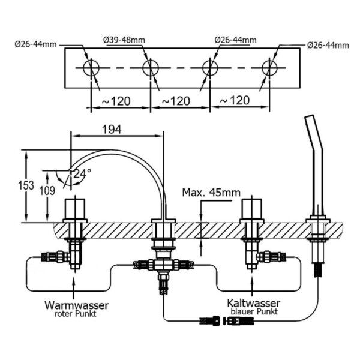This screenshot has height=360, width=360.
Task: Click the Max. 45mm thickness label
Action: coord(211,193)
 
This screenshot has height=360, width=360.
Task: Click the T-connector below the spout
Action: coord(163,264)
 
